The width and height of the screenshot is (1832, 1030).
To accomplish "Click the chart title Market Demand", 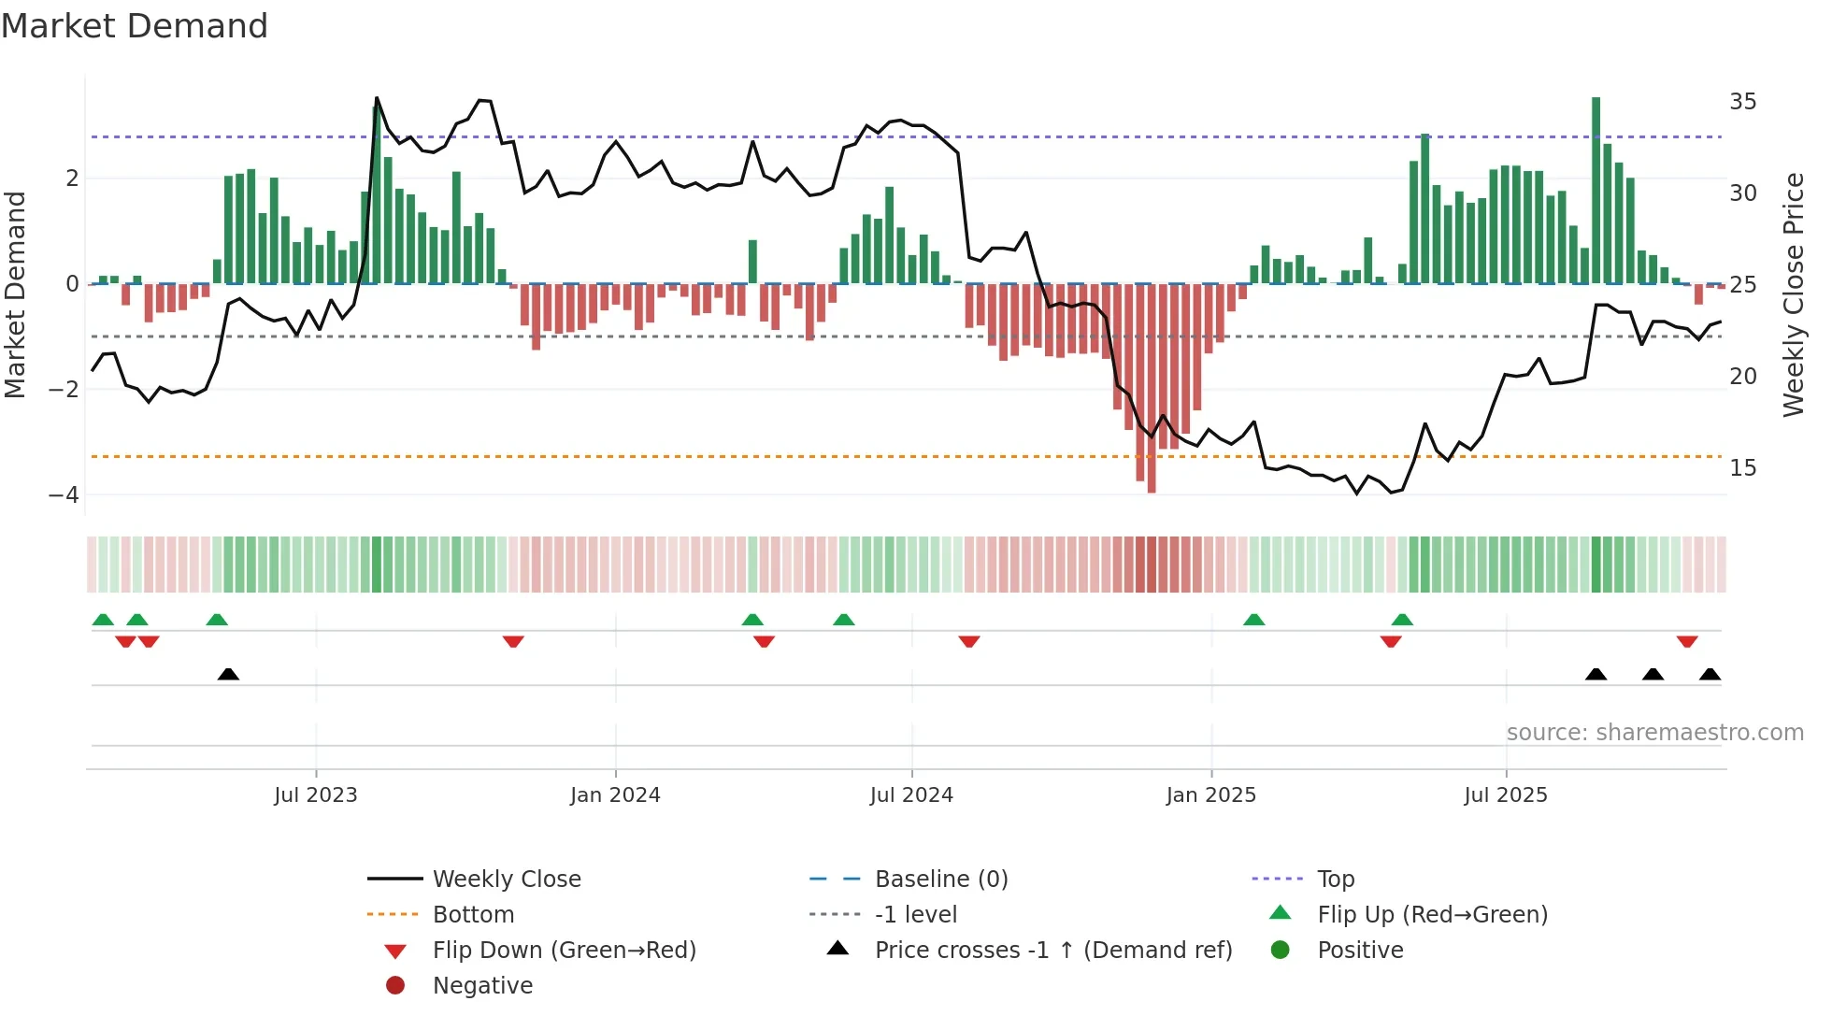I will pyautogui.click(x=135, y=26).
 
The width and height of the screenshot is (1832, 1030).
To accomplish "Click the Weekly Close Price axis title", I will pyautogui.click(x=1793, y=294).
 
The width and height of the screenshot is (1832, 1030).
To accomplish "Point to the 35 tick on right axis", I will pyautogui.click(x=1742, y=101).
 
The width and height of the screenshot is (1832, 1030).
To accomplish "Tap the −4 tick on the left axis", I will pyautogui.click(x=64, y=494).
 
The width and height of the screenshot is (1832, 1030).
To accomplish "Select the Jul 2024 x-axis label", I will pyautogui.click(x=911, y=794).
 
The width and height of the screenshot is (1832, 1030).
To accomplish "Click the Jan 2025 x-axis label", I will pyautogui.click(x=1210, y=794).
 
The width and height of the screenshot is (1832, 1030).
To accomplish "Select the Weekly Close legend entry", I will pyautogui.click(x=506, y=879).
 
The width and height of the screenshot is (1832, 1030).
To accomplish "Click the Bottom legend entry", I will pyautogui.click(x=473, y=914).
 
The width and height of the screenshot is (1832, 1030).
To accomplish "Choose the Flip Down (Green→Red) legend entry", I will pyautogui.click(x=564, y=950).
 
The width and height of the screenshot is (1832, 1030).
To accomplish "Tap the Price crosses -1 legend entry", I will pyautogui.click(x=1052, y=950).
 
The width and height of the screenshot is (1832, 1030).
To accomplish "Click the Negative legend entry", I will pyautogui.click(x=482, y=985).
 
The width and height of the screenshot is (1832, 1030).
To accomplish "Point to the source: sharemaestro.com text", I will pyautogui.click(x=1654, y=732).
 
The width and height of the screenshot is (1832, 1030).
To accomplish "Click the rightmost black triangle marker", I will pyautogui.click(x=1710, y=674).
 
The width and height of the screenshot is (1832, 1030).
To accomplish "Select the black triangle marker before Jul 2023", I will pyautogui.click(x=228, y=674).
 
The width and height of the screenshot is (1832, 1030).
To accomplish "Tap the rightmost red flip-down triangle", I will pyautogui.click(x=1687, y=641).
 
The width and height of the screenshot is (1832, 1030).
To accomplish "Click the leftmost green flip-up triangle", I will pyautogui.click(x=103, y=620).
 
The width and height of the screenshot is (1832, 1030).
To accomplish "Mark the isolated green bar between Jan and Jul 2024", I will pyautogui.click(x=752, y=262).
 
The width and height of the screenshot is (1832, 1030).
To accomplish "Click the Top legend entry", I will pyautogui.click(x=1335, y=879).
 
